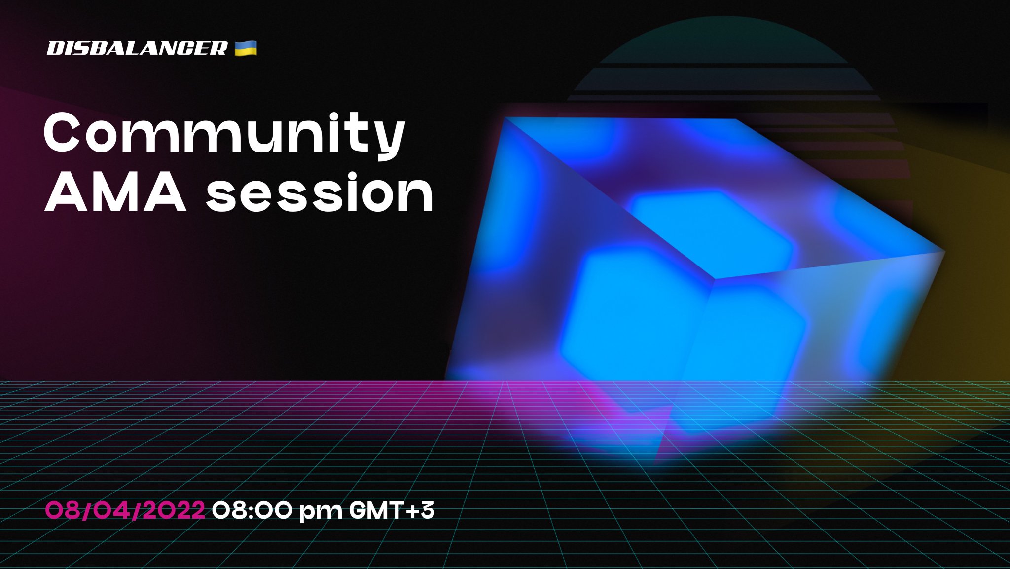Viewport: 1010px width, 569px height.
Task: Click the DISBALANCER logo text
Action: pyautogui.click(x=137, y=48)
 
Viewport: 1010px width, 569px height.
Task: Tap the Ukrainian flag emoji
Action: pyautogui.click(x=245, y=48)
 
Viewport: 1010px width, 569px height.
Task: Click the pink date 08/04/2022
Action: pyautogui.click(x=125, y=510)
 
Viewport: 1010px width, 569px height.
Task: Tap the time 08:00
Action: pyautogui.click(x=252, y=510)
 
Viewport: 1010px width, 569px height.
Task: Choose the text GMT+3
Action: pyautogui.click(x=392, y=510)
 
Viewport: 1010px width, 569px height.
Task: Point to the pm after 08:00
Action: pyautogui.click(x=321, y=512)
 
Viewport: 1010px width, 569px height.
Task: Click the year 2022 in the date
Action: pyautogui.click(x=176, y=510)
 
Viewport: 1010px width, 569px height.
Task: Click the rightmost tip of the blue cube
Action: pyautogui.click(x=944, y=252)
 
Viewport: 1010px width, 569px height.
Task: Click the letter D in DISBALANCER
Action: pyautogui.click(x=55, y=48)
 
